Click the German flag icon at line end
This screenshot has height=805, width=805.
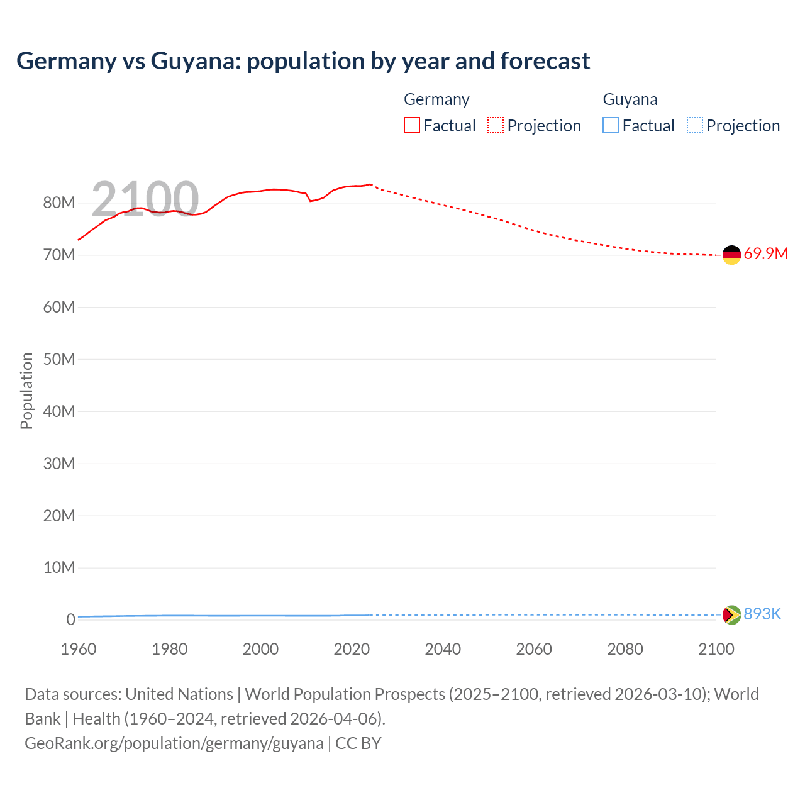tap(731, 255)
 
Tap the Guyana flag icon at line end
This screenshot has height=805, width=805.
tap(731, 614)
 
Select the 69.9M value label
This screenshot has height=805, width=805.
tap(765, 254)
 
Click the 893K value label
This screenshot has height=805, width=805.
tap(762, 614)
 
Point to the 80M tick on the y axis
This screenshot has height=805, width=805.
tap(59, 203)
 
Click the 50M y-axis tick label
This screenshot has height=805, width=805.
tap(59, 359)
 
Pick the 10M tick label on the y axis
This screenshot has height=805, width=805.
tap(59, 567)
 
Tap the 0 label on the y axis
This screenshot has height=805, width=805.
tap(70, 619)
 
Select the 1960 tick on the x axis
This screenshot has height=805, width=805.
tap(79, 649)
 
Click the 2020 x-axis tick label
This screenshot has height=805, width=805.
tap(352, 649)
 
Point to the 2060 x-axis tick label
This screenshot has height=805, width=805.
tap(534, 649)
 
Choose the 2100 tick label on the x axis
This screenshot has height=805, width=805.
tap(716, 649)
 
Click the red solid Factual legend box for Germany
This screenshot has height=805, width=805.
tap(412, 126)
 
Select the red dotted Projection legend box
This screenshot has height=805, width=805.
tap(496, 126)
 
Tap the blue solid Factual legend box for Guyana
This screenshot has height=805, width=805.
tap(611, 126)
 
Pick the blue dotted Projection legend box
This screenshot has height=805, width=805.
tap(694, 126)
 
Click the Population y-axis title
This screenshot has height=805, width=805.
tap(26, 391)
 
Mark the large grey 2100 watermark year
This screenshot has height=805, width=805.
tap(145, 199)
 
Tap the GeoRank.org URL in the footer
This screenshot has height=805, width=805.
tap(174, 743)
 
